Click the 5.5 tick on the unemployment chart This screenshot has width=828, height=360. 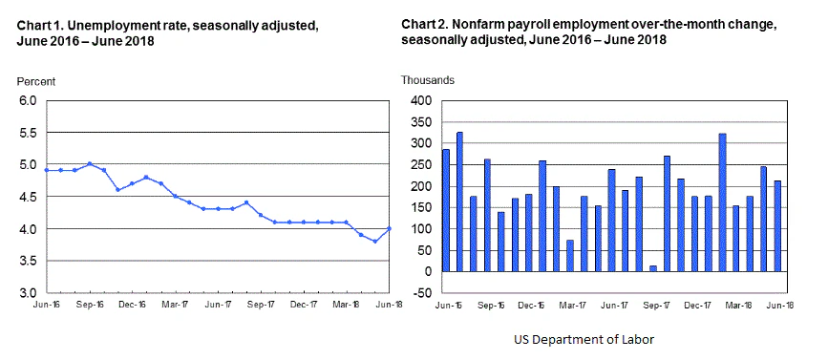pyautogui.click(x=25, y=133)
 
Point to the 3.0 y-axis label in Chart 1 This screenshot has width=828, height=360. pyautogui.click(x=25, y=293)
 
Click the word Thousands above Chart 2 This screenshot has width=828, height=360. pyautogui.click(x=428, y=81)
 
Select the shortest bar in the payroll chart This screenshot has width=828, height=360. pyautogui.click(x=653, y=268)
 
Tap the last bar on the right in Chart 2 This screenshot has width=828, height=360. pyautogui.click(x=777, y=226)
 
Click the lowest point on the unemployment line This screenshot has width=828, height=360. pyautogui.click(x=375, y=242)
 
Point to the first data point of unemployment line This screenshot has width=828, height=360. pyautogui.click(x=47, y=170)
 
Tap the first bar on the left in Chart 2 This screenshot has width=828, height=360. pyautogui.click(x=446, y=210)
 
